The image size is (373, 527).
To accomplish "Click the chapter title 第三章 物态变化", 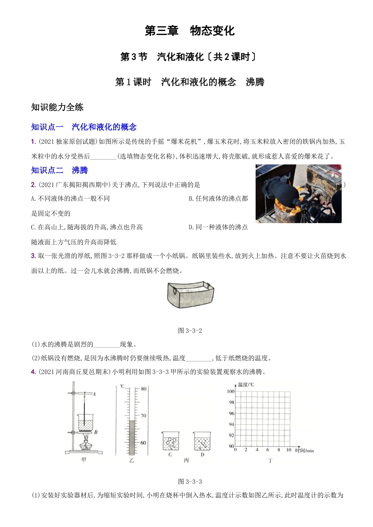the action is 190,31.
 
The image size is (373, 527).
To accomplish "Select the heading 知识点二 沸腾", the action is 59,170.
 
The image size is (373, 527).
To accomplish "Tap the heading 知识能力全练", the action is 57,107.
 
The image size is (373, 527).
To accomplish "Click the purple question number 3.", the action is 33,256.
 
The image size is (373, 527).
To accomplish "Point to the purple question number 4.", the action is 33,372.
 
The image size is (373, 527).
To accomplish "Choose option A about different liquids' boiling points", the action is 70,198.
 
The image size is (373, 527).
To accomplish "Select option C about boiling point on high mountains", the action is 87,227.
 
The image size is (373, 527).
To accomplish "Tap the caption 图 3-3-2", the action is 190,331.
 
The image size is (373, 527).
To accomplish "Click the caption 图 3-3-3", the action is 190,482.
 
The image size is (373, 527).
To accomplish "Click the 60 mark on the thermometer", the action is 143,443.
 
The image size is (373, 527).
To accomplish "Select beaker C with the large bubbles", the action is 170,441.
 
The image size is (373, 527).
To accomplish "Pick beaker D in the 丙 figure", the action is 202,441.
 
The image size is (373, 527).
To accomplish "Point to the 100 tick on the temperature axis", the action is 231,391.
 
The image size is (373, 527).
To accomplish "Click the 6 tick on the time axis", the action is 268,450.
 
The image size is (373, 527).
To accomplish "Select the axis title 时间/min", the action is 304,450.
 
